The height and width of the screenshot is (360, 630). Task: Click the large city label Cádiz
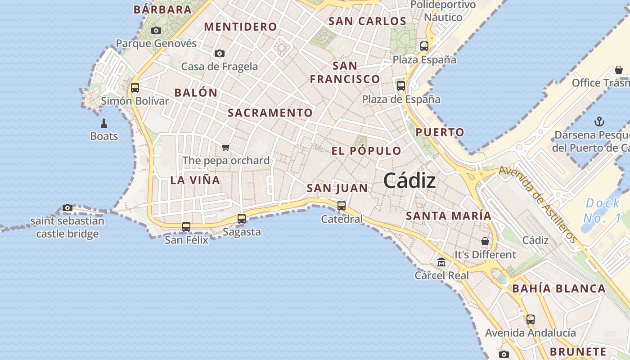tap(409, 181)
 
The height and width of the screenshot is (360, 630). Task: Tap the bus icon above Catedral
tap(342, 206)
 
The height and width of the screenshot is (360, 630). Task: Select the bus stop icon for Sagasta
tap(242, 219)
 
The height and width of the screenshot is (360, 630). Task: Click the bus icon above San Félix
tap(186, 227)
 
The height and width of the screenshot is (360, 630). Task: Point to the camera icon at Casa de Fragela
tap(220, 54)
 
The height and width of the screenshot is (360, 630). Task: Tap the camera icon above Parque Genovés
tap(156, 31)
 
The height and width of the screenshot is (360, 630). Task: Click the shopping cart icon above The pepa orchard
tap(226, 147)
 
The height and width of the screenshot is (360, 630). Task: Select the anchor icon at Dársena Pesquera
tap(599, 121)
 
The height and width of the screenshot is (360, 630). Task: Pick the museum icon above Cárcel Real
tap(441, 262)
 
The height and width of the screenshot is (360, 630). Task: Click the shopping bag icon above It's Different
tap(485, 241)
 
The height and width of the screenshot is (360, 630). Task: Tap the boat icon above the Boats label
tap(104, 123)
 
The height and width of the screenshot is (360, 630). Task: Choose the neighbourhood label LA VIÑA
tap(195, 180)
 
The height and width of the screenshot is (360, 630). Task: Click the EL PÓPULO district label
tap(366, 151)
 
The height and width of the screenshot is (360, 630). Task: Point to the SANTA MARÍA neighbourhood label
tap(449, 216)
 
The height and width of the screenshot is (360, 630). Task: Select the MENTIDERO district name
tap(240, 27)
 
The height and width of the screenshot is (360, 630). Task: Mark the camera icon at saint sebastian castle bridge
tap(67, 207)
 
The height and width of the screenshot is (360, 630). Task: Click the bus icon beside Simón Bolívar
tap(135, 88)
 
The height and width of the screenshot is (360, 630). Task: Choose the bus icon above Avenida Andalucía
tap(531, 319)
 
